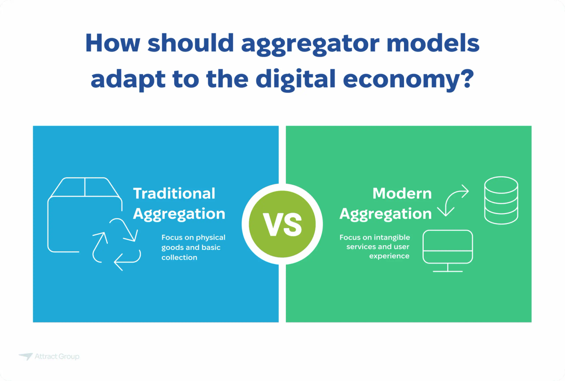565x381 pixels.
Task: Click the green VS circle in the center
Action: click(282, 224)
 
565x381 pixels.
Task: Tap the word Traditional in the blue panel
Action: click(174, 193)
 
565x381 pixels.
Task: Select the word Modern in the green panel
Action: click(402, 193)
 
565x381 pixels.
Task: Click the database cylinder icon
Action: click(501, 200)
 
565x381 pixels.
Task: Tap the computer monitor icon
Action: click(447, 250)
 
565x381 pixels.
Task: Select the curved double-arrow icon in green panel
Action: click(453, 200)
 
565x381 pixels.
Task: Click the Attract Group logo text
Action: click(57, 356)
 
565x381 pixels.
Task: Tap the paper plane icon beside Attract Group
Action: click(25, 356)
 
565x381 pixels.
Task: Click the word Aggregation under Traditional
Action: click(179, 214)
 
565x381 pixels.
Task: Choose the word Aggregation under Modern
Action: click(385, 214)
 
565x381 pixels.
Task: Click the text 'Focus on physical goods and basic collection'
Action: click(193, 247)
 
